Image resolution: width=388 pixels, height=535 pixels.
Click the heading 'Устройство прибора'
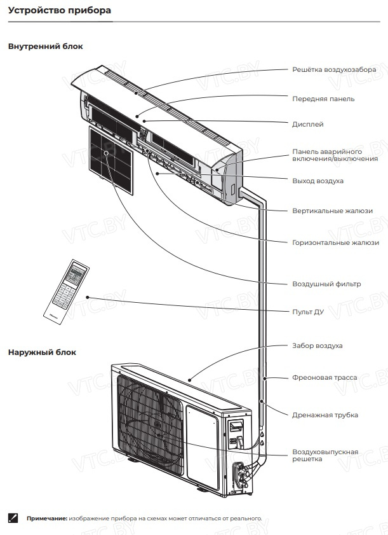[x=60, y=11]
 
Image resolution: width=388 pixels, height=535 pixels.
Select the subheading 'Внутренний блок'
[x=45, y=46]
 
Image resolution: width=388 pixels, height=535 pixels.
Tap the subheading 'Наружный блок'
[x=42, y=352]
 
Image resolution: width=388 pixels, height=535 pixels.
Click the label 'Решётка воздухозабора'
[x=334, y=69]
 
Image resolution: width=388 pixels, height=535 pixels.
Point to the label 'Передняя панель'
[x=323, y=99]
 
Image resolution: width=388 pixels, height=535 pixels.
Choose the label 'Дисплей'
[x=308, y=124]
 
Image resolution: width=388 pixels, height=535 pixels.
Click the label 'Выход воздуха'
[x=318, y=181]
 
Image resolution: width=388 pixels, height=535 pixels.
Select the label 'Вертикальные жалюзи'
[x=332, y=211]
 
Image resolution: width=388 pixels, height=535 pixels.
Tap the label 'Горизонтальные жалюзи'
[x=335, y=242]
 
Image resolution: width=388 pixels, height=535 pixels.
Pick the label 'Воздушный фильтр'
[x=326, y=284]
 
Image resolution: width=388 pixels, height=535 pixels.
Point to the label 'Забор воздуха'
[x=318, y=345]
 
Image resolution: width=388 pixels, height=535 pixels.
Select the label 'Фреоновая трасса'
[x=324, y=377]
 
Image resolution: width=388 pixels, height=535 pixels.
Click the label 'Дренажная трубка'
[x=325, y=415]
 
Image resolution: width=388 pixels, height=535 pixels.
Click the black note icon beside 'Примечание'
[x=13, y=518]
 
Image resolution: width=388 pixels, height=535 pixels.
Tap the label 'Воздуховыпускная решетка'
[x=325, y=455]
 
